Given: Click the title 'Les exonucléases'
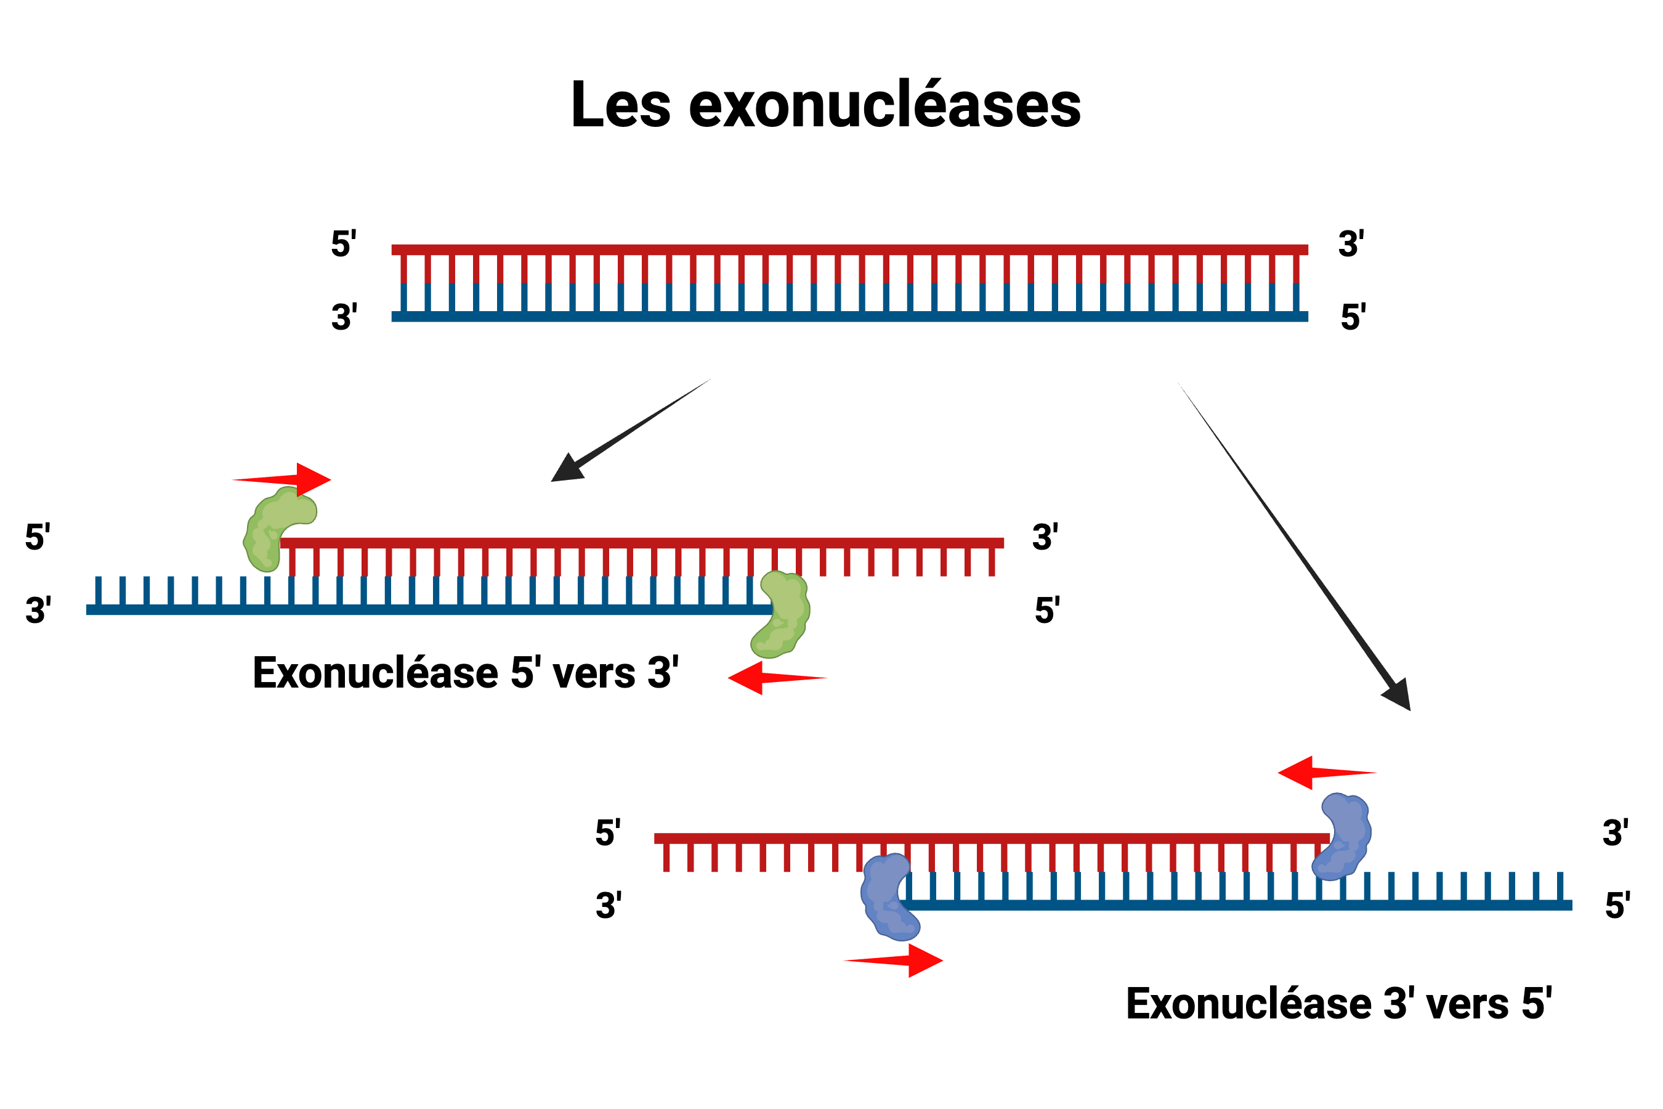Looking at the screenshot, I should click(x=825, y=105).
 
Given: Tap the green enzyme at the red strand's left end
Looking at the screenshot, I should click(x=276, y=527).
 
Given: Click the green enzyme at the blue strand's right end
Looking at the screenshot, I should click(x=781, y=614).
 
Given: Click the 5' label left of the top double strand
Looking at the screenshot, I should click(x=344, y=243).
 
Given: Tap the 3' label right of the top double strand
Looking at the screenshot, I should click(x=1351, y=243).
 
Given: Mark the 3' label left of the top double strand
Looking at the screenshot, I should click(x=344, y=316).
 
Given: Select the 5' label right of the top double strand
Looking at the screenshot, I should click(x=1353, y=316).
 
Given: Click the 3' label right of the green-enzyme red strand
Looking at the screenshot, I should click(x=1045, y=537).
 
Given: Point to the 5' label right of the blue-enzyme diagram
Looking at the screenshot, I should click(x=1617, y=904).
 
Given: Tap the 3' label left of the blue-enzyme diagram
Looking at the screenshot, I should click(x=608, y=905).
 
